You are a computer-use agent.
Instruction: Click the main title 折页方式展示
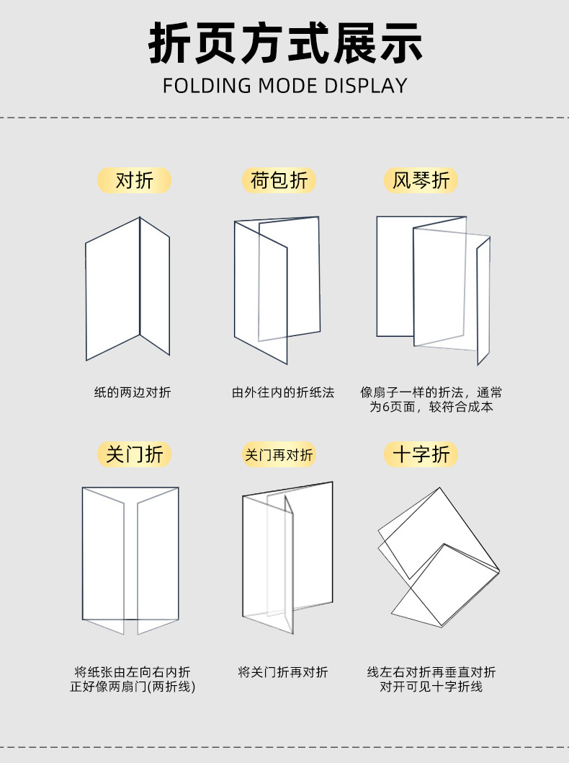tap(284, 45)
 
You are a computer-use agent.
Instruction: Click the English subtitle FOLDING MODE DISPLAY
tap(284, 86)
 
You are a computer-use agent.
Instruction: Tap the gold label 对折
tap(135, 180)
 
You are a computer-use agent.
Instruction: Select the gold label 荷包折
tap(279, 180)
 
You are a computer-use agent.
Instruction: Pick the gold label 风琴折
tap(421, 180)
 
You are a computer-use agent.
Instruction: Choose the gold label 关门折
tap(135, 454)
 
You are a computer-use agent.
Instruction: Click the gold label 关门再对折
tap(279, 455)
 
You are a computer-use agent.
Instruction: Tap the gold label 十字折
tap(421, 454)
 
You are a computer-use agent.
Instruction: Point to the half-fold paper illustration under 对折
tap(128, 288)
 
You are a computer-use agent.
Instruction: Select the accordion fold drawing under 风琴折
tap(432, 288)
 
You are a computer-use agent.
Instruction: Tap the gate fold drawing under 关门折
tap(130, 559)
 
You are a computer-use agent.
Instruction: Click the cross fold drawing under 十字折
tap(437, 555)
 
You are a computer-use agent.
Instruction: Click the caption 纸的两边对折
tap(133, 393)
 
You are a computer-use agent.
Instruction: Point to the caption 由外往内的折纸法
tap(283, 393)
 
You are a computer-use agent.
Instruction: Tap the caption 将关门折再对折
tap(283, 672)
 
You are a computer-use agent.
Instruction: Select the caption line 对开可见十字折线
tap(431, 687)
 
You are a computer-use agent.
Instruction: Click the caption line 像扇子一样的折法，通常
tap(431, 393)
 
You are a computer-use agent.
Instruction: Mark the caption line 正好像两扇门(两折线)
tap(133, 687)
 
